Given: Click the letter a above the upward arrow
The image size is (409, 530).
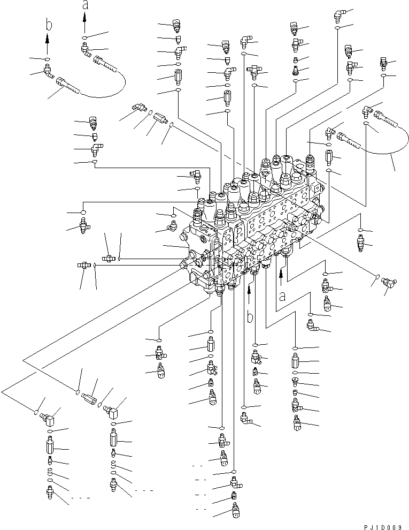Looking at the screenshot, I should click(84, 5).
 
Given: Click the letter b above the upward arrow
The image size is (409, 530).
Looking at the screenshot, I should click(48, 25).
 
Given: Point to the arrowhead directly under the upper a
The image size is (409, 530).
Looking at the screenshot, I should click(84, 17).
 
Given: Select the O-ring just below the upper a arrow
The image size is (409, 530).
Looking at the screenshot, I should click(84, 37).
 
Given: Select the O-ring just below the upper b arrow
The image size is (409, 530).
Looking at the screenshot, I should click(48, 58).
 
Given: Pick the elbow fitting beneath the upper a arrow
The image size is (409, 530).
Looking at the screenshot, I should click(85, 50).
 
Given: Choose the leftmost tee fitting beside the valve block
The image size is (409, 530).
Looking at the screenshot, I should click(84, 264).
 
